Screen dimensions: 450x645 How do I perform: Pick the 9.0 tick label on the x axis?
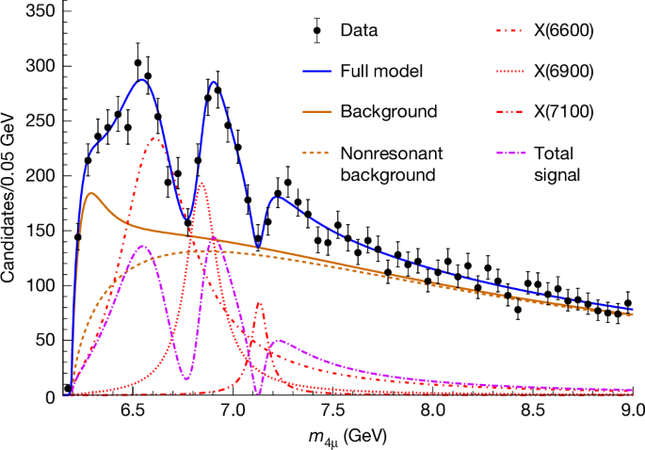click(632, 411)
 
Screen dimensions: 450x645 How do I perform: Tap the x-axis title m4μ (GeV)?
click(348, 438)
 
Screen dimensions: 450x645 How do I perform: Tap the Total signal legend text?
click(555, 164)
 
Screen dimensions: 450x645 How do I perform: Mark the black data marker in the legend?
click(317, 30)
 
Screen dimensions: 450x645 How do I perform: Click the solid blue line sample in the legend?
click(317, 71)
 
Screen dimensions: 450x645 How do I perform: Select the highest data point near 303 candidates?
click(138, 64)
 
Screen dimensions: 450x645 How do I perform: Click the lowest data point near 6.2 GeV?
click(68, 388)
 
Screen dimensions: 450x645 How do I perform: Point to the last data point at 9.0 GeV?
click(628, 304)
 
